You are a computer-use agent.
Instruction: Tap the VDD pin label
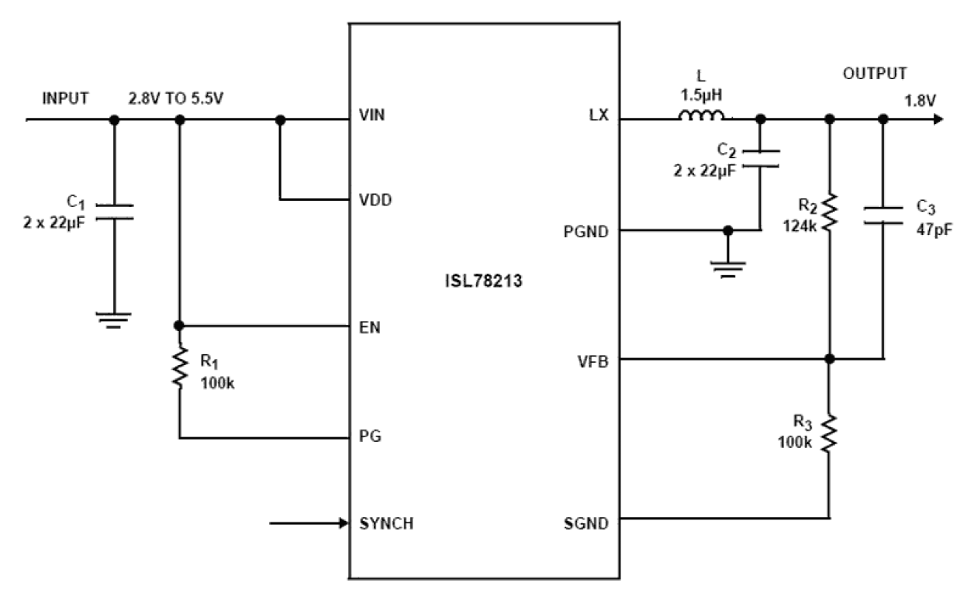click(x=376, y=200)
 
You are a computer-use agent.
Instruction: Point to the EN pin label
click(x=370, y=326)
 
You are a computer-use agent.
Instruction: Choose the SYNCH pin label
click(x=386, y=523)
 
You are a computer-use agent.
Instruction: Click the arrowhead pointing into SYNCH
click(x=342, y=523)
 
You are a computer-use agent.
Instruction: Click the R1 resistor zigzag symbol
click(x=180, y=369)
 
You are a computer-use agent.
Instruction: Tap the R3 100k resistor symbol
click(x=830, y=434)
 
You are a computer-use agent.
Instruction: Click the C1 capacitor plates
click(x=114, y=212)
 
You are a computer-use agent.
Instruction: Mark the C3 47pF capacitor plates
click(x=882, y=213)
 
